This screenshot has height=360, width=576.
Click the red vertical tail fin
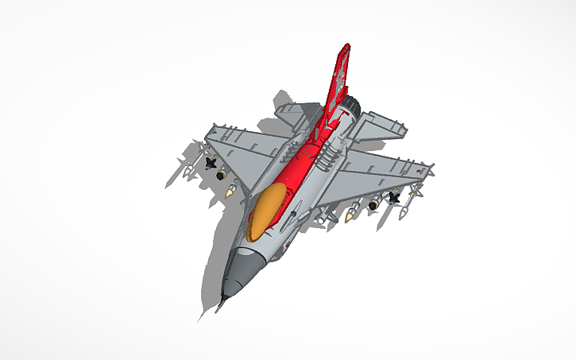click(339, 79)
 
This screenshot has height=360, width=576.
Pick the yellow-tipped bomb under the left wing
click(231, 189)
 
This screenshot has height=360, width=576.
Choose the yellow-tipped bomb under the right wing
click(351, 213)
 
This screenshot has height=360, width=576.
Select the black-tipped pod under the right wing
click(372, 206)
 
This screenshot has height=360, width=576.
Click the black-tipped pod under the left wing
click(221, 174)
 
